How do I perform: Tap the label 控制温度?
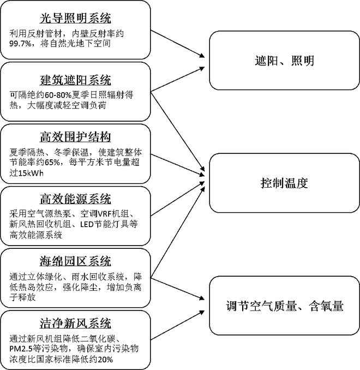(284, 183)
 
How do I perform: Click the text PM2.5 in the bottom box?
(22, 348)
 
